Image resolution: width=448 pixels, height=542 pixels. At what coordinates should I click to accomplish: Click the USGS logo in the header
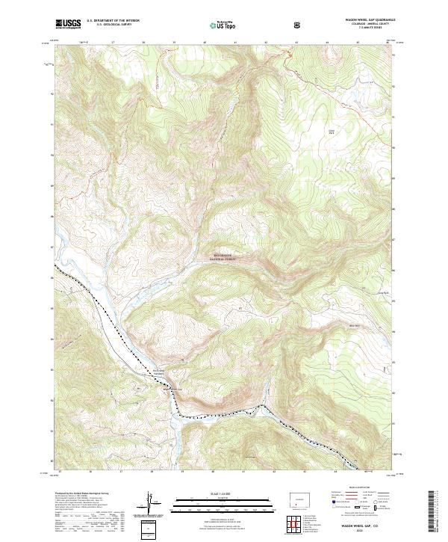[68, 24]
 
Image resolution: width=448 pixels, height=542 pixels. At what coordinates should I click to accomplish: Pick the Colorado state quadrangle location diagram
[302, 499]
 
